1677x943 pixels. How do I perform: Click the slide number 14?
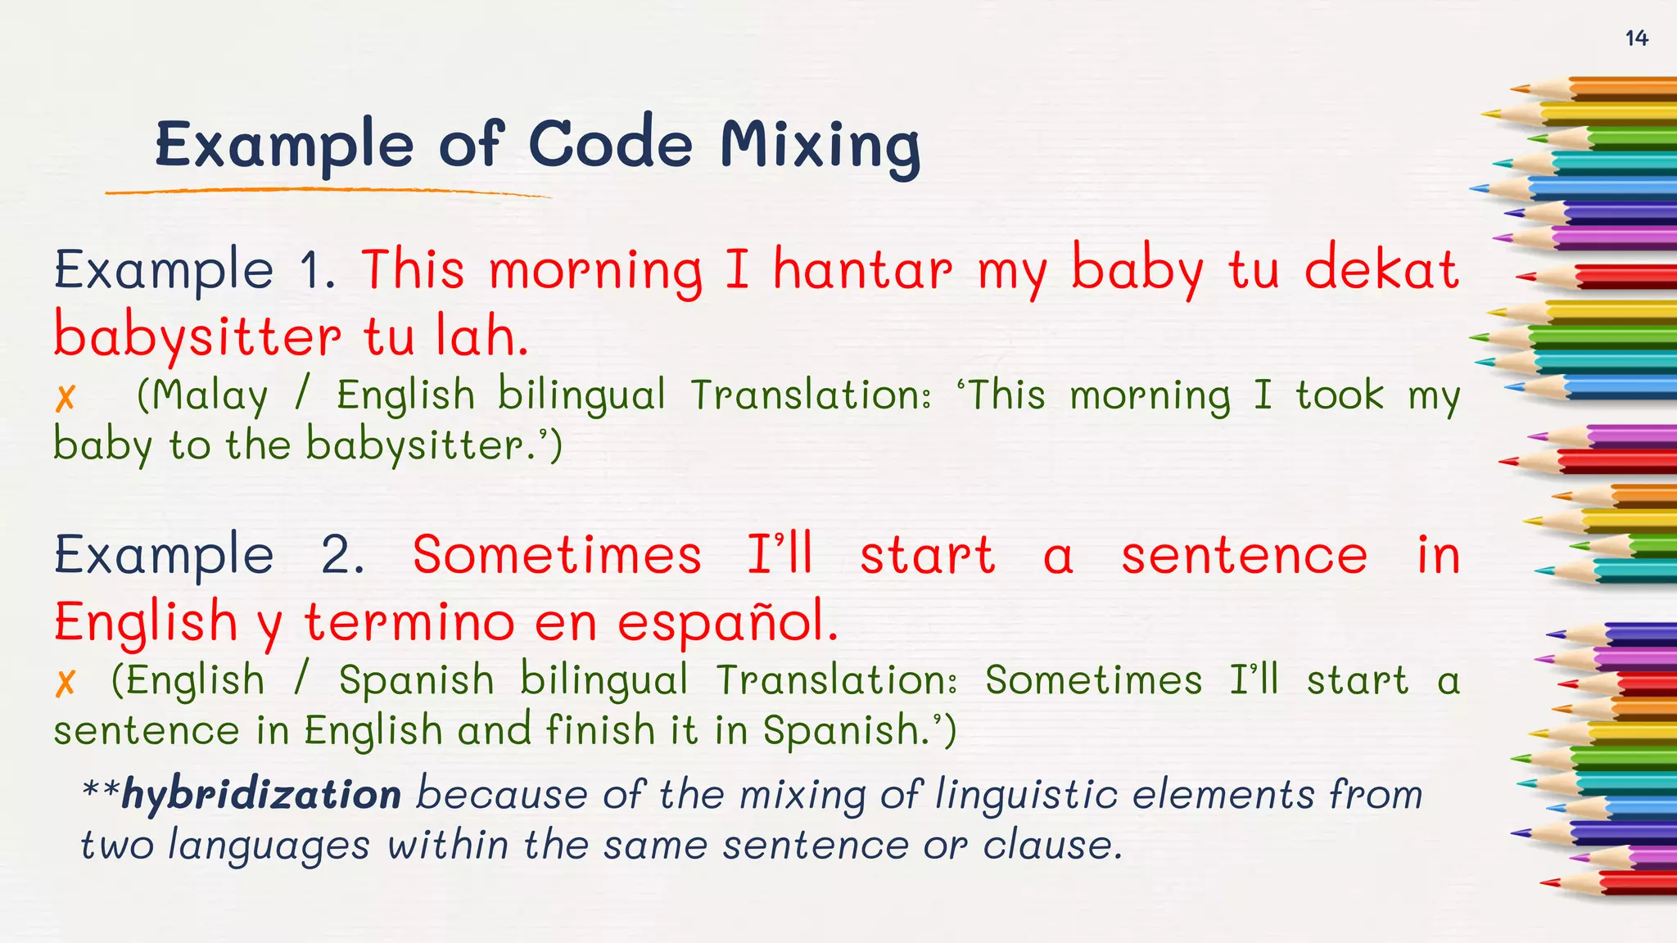coord(1636,38)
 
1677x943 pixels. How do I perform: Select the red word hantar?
coord(863,269)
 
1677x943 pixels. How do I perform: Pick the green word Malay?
coord(210,396)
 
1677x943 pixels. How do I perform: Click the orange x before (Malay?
coord(66,398)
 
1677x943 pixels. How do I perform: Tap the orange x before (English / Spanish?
coord(66,682)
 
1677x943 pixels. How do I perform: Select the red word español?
coord(727,623)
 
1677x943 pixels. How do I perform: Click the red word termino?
coord(409,621)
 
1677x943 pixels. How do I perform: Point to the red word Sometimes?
coord(557,555)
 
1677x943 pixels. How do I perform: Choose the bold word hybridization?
coord(261,795)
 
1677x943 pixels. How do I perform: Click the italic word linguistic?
coord(1027,795)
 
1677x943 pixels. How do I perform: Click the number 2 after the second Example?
coord(341,555)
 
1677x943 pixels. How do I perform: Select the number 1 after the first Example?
coord(315,269)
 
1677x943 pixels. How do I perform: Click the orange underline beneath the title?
coord(328,192)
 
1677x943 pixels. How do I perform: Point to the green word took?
coord(1339,395)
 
